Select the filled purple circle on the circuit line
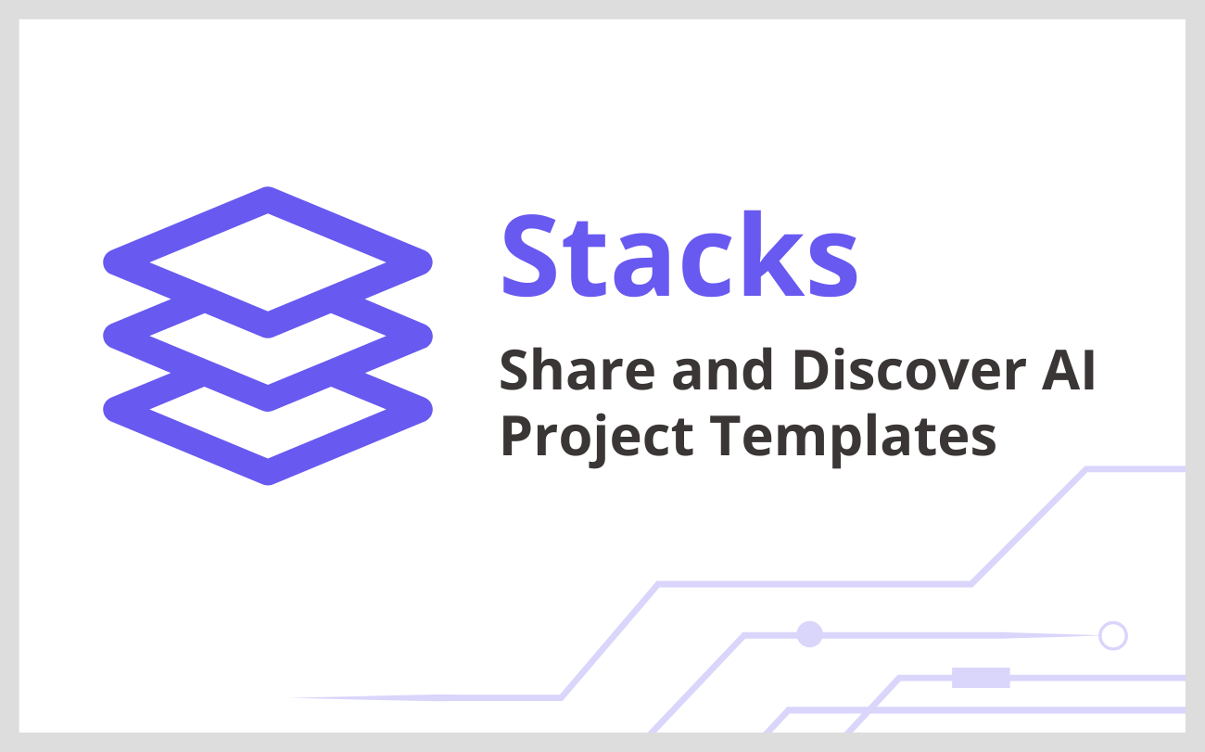[x=810, y=634]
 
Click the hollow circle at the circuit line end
[x=1112, y=635]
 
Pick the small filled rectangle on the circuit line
[x=981, y=678]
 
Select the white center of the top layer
[x=268, y=262]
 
